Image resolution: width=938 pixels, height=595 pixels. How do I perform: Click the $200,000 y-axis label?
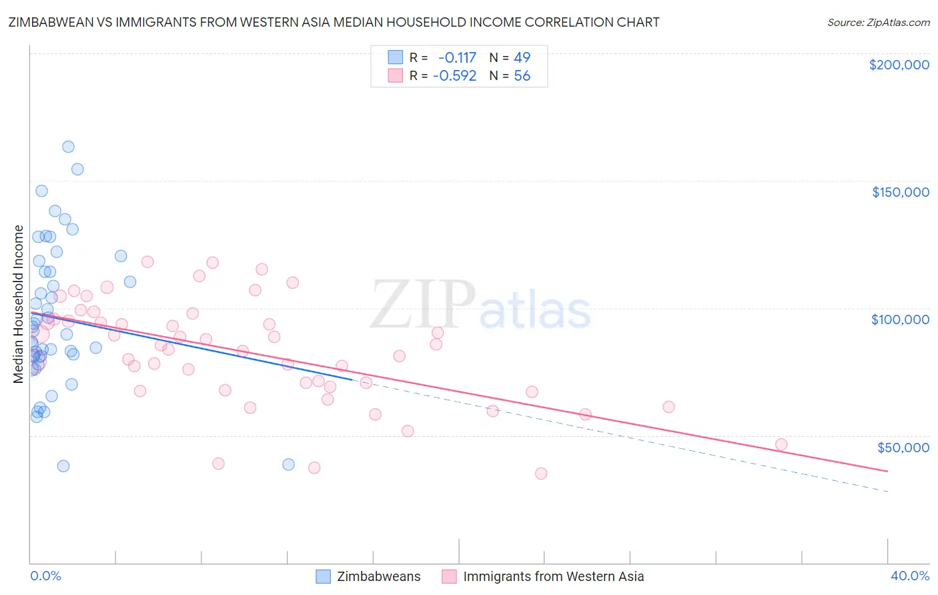pos(899,65)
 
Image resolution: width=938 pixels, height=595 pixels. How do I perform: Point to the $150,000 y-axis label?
pos(900,192)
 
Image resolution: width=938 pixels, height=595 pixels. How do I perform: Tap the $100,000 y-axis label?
pos(900,320)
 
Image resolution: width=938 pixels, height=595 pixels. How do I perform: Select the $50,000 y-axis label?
pos(903,447)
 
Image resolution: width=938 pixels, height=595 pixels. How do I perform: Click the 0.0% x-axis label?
pos(45,576)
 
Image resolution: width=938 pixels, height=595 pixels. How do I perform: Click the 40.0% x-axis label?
pos(909,576)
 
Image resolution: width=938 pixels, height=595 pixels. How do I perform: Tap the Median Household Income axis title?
pos(18,304)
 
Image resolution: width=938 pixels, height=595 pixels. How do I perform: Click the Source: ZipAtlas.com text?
pos(878,23)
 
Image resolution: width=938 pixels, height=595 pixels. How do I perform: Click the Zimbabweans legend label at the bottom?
pos(378,576)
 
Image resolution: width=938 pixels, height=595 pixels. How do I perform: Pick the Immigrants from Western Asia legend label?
pos(553,576)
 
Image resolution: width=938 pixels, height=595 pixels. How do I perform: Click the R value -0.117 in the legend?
pos(457,58)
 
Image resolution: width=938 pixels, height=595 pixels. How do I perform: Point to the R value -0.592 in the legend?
pos(454,76)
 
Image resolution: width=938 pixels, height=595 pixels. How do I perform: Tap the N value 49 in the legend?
pos(522,58)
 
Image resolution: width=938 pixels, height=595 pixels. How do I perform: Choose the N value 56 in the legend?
pos(522,76)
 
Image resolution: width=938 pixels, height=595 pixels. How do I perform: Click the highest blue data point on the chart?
pos(68,147)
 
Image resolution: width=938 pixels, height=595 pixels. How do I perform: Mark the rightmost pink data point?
pos(781,444)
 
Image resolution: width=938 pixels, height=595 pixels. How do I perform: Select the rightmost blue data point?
pos(288,464)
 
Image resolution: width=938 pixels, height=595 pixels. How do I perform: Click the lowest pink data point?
pos(541,474)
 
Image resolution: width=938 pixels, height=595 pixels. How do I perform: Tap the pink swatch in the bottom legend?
pos(449,576)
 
